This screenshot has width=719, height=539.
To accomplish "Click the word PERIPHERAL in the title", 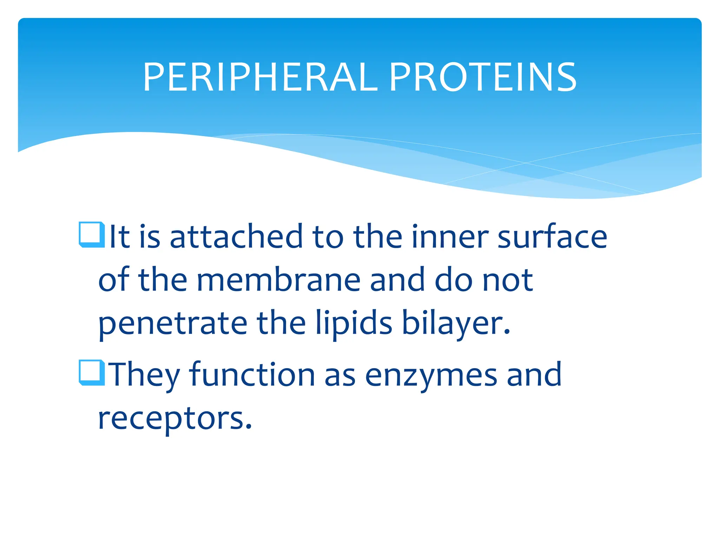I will click(260, 78).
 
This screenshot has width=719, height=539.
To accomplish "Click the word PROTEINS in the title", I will click(483, 78).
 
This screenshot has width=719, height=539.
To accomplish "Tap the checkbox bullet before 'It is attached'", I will click(92, 234).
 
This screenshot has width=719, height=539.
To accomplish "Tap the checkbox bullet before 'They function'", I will click(92, 372).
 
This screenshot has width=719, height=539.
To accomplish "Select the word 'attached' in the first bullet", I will click(236, 237).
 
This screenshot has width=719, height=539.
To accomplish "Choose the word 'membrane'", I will click(278, 280).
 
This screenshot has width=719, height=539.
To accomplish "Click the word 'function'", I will click(252, 374).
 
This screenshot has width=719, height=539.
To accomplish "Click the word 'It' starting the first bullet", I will click(120, 237).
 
